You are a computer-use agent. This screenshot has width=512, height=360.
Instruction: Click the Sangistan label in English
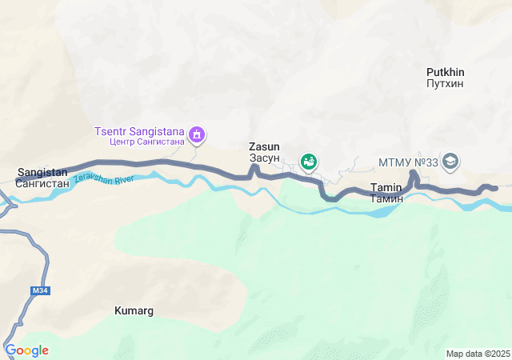[42, 172]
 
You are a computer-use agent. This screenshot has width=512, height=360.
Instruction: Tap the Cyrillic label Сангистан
[42, 183]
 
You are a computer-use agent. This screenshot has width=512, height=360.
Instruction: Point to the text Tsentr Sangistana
[140, 131]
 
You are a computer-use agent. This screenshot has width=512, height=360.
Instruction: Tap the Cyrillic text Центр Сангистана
[146, 142]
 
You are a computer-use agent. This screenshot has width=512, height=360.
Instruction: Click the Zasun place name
[264, 147]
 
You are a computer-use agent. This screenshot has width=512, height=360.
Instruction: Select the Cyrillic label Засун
[264, 158]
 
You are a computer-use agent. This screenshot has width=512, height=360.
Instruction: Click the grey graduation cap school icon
[450, 162]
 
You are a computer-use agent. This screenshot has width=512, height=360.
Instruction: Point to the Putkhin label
[446, 72]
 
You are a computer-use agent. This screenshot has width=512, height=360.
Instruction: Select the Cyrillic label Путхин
[446, 83]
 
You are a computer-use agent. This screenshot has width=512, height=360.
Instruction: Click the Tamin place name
[386, 187]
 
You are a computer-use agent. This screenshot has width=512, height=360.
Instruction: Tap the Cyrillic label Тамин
[386, 198]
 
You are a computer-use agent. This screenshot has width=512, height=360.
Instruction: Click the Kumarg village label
[134, 310]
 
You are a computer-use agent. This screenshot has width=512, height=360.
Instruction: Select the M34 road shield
[40, 290]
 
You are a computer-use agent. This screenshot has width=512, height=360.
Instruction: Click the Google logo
[26, 350]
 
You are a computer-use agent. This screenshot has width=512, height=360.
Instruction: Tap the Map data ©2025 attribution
[478, 354]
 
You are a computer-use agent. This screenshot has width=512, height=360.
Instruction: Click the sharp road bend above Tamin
[414, 172]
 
